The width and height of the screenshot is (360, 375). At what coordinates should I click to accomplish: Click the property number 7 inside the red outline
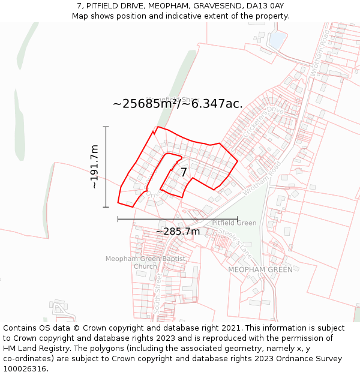point(184,172)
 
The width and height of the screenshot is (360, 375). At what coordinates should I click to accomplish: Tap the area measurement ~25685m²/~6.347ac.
point(178,103)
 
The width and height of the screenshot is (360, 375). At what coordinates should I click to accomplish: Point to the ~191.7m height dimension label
point(94,167)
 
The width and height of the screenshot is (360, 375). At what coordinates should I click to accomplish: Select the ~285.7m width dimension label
point(178,232)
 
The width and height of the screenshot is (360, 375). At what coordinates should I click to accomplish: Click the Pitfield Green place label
point(234,223)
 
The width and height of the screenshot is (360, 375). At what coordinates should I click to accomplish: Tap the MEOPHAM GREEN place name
point(260,269)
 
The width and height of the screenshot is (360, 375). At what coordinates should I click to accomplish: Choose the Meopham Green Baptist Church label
point(145,262)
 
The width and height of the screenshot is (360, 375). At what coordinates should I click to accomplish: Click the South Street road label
point(158,294)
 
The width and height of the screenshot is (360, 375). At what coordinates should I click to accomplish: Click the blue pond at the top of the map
point(278,40)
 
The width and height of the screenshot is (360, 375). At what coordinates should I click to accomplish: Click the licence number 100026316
point(26,369)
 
